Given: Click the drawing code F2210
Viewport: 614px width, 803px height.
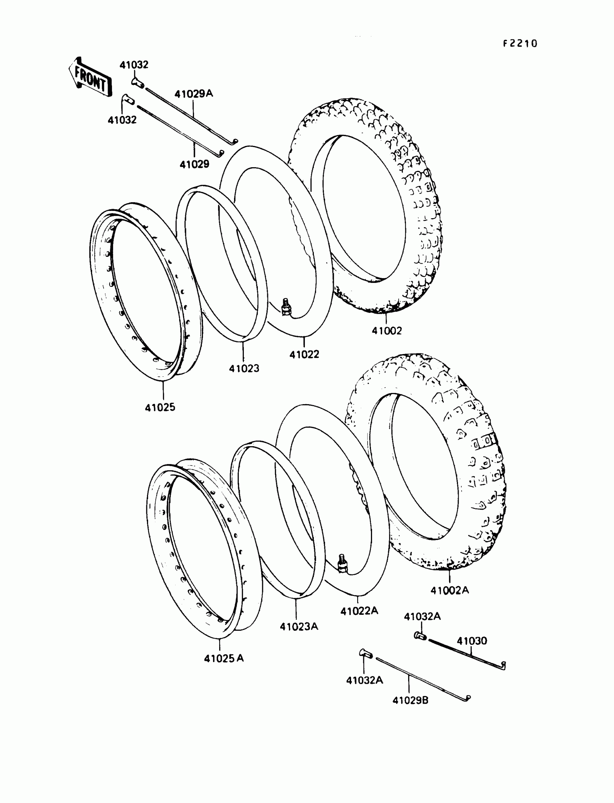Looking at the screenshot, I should click(x=520, y=44).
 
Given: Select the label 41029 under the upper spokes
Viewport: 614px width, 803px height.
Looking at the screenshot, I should click(x=194, y=164).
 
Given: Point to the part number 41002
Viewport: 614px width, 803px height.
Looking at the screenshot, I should click(x=386, y=331).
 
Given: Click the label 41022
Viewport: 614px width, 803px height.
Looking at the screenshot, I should click(x=304, y=354).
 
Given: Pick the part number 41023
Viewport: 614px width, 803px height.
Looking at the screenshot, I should click(x=244, y=368).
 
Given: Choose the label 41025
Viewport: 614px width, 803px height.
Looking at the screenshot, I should click(x=160, y=407).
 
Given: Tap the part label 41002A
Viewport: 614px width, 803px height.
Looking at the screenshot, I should click(x=449, y=590).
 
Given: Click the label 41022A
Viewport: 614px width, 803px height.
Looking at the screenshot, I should click(x=359, y=611).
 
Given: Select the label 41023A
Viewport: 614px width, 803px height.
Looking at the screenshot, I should click(x=299, y=626).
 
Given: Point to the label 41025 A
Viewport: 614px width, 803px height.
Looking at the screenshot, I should click(x=224, y=658).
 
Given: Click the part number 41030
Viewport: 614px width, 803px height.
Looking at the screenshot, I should click(x=472, y=641).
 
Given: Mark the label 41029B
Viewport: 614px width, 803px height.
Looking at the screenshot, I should click(x=410, y=700).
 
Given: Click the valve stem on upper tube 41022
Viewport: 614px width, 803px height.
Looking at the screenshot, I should click(x=285, y=306).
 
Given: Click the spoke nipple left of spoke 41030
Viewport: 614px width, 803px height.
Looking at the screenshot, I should click(x=420, y=636).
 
